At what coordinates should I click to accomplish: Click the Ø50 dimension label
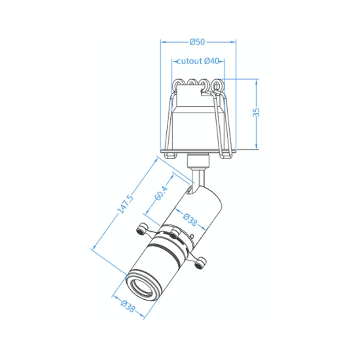[x=197, y=42]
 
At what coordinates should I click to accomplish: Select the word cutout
[x=190, y=62]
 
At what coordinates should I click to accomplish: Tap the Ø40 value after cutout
[x=211, y=61]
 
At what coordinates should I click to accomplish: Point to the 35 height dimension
[x=257, y=112]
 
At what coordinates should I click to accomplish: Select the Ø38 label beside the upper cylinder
[x=190, y=219]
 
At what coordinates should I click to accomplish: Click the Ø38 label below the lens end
[x=128, y=306]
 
